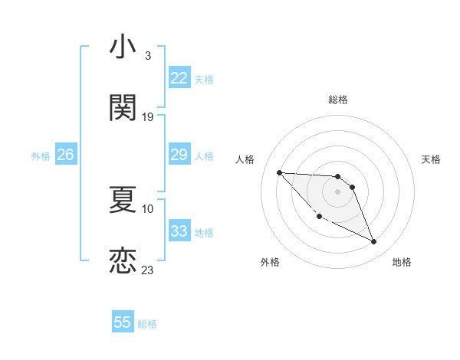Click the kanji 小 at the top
click(123, 47)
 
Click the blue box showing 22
click(179, 78)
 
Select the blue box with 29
click(179, 155)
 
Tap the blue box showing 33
click(179, 231)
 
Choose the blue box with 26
click(65, 155)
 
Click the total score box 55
click(123, 322)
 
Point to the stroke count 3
click(148, 56)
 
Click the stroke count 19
click(148, 117)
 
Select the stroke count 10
click(148, 208)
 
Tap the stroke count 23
click(148, 270)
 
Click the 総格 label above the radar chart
click(338, 100)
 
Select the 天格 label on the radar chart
click(431, 159)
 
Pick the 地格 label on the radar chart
click(402, 262)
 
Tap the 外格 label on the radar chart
click(270, 262)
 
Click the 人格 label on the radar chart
click(245, 159)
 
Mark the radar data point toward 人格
click(279, 172)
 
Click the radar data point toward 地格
click(374, 242)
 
